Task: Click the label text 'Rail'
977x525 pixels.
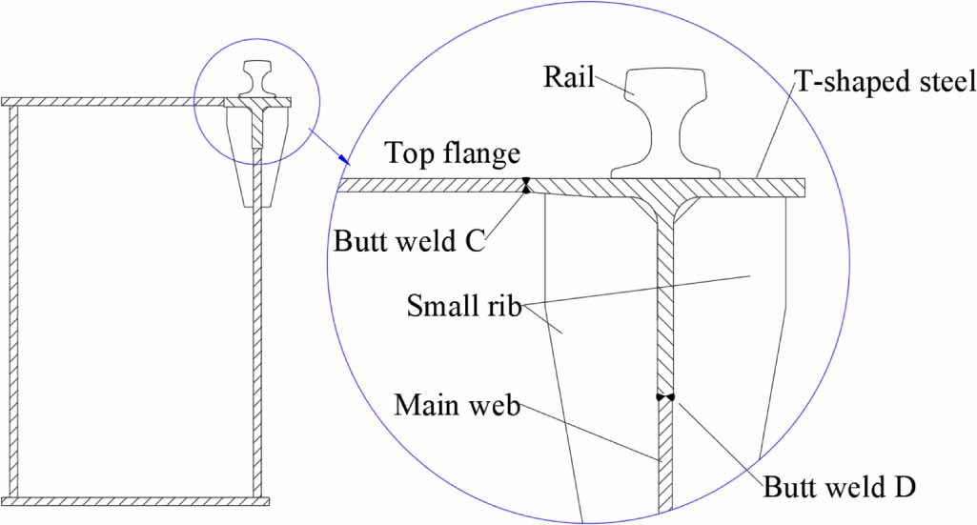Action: (x=569, y=77)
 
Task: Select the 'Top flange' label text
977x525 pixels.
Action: (x=453, y=153)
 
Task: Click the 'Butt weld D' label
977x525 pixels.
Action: (x=839, y=487)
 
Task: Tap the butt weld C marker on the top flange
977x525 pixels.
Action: (x=525, y=185)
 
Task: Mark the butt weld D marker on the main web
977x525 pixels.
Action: (x=665, y=396)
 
